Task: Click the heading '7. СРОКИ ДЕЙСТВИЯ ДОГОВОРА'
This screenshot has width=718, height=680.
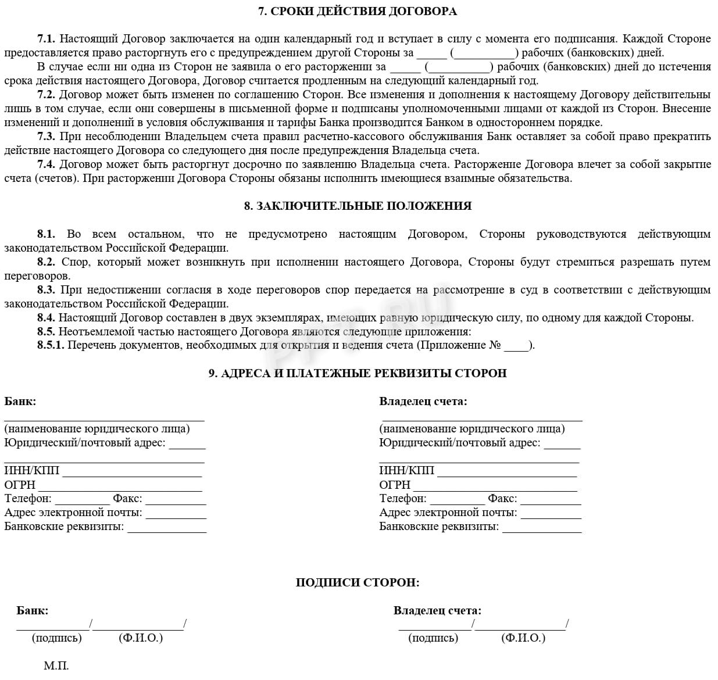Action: tap(358, 11)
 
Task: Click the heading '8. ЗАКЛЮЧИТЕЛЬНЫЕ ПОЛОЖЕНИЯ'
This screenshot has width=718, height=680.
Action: tap(358, 206)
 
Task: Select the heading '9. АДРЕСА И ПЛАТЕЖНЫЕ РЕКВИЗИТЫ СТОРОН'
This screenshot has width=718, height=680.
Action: tap(358, 373)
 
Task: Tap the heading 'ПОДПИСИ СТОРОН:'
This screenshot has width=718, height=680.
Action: tap(358, 582)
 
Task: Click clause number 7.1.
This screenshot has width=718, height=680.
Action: tap(46, 39)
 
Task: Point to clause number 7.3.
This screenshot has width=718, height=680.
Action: tap(46, 137)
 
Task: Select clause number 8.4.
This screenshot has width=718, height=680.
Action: tap(46, 318)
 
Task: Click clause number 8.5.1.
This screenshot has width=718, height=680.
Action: tap(51, 345)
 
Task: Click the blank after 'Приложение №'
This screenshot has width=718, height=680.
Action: tap(516, 347)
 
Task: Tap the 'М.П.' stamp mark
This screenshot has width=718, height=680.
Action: tap(56, 665)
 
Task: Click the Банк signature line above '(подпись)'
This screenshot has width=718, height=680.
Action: tap(53, 627)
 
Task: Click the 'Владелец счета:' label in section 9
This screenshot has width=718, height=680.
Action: tap(423, 401)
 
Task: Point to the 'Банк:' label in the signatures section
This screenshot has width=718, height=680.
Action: tap(33, 610)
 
